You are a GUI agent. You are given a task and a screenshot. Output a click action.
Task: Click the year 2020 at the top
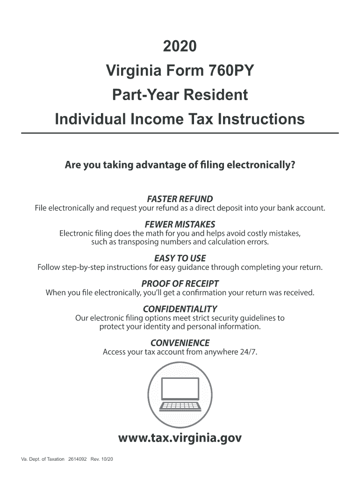180,47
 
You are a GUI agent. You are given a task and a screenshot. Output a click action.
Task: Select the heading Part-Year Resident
180,95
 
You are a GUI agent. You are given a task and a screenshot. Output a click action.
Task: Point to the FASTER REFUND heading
180,198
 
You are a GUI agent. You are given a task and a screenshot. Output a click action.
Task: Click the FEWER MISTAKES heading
180,224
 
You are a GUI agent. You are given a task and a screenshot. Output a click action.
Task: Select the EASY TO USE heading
180,258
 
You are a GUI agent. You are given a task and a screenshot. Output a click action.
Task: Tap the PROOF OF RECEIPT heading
180,284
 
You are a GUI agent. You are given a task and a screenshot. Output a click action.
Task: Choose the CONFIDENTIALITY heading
180,309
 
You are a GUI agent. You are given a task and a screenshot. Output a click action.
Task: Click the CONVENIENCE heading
180,343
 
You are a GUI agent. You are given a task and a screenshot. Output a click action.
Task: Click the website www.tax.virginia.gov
180,438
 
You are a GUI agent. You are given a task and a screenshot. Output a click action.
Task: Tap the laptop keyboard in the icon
180,406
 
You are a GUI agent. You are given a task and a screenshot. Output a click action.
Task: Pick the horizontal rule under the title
180,133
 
